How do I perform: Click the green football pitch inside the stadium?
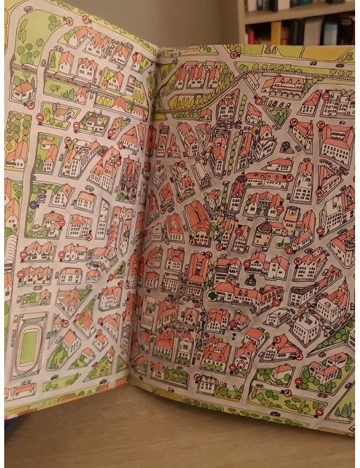[x=28, y=347]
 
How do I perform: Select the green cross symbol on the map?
[x=212, y=295]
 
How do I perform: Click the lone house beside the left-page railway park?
[x=22, y=91]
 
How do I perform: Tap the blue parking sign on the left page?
[x=33, y=205]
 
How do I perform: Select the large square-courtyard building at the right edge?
[x=338, y=142]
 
